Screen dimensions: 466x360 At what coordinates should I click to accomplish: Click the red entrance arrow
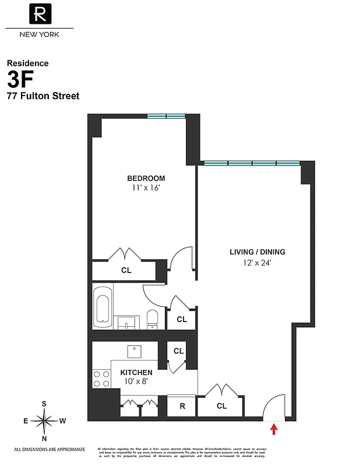(x=274, y=430)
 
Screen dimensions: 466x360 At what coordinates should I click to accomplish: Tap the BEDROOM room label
(x=146, y=178)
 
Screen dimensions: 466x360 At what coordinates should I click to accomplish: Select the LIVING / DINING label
(x=257, y=252)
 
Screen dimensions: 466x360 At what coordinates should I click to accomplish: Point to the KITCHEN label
(x=136, y=372)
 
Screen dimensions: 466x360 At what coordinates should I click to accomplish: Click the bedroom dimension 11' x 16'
(x=146, y=188)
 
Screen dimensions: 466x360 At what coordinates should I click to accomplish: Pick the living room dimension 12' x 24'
(x=257, y=263)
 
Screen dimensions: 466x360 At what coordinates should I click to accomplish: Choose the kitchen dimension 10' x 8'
(x=136, y=382)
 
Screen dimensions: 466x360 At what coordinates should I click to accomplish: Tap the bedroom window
(x=166, y=116)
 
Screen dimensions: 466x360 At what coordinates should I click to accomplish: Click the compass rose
(x=44, y=420)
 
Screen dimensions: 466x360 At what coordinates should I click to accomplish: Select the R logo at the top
(x=40, y=14)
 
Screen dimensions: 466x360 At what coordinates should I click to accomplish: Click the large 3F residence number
(x=22, y=79)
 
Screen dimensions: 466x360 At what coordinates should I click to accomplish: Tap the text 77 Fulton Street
(x=43, y=96)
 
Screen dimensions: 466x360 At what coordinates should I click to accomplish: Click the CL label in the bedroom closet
(x=126, y=270)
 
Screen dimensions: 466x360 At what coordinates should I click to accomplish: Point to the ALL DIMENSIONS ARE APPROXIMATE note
(x=50, y=449)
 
